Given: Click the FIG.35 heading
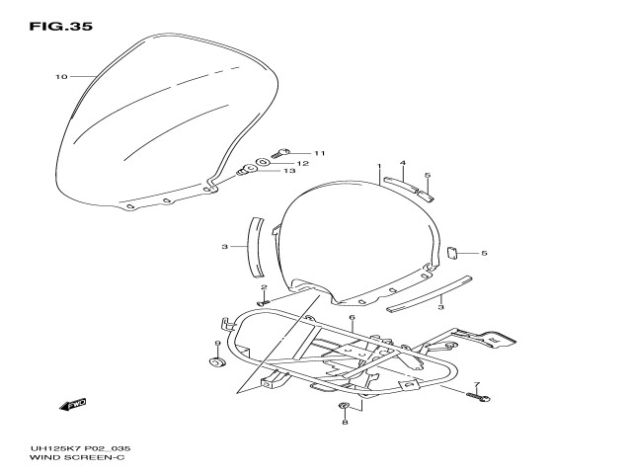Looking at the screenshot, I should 61,27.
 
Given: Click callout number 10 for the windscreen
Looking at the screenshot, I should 60,76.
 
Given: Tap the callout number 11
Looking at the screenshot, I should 319,153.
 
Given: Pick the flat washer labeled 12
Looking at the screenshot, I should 265,161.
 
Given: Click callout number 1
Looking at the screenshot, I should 378,167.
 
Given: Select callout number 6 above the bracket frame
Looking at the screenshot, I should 351,317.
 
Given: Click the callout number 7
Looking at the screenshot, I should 476,384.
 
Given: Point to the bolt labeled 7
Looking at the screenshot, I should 480,397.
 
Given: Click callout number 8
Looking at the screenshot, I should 344,423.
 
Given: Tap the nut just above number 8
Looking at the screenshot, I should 344,407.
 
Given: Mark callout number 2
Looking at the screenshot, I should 264,287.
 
